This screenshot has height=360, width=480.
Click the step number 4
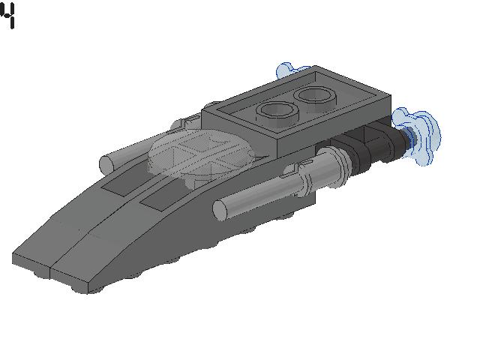pos(8,15)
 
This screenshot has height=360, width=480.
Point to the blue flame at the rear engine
pos(418,136)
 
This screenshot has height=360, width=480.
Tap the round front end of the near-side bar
pos(220,211)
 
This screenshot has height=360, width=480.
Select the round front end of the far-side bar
pos(106,164)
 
